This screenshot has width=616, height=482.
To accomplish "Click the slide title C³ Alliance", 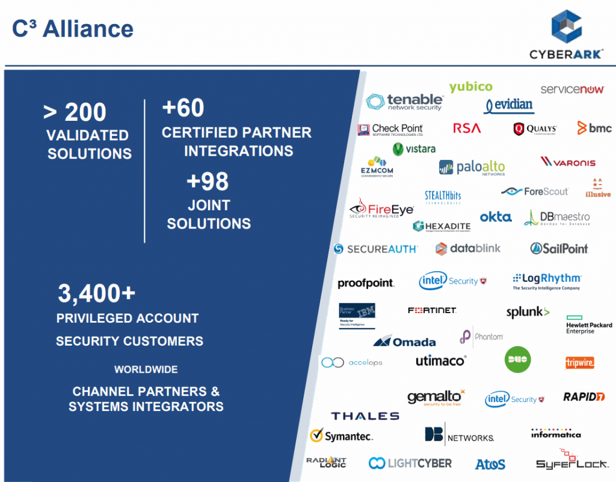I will [73, 28].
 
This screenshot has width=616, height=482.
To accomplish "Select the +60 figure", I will [183, 108].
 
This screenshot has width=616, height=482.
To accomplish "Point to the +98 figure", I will [208, 182].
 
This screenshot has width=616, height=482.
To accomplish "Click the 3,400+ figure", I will [96, 293].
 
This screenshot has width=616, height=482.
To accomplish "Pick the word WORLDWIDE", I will [146, 369].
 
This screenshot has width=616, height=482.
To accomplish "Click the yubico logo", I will [470, 87].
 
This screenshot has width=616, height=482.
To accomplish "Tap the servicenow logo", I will [571, 90].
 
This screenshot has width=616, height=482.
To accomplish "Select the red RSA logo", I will [467, 128].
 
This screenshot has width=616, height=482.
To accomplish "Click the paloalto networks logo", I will [472, 168].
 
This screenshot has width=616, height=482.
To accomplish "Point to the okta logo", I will [496, 217].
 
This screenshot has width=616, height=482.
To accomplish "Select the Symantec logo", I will [341, 436].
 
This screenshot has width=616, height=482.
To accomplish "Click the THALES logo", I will [365, 416].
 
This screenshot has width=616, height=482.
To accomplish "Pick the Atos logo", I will [490, 464].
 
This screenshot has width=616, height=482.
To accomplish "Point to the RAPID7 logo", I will [584, 397].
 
